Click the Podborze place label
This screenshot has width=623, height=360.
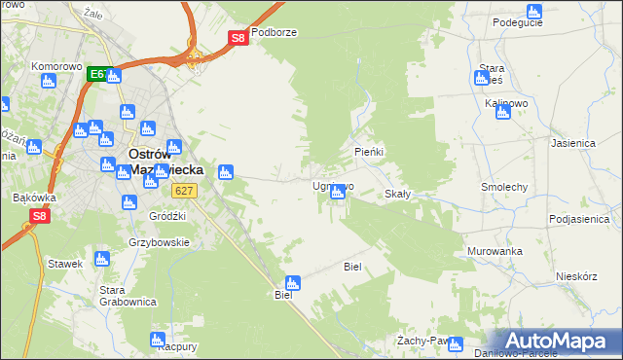click(x=273, y=31)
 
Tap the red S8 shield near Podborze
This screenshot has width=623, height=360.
click(x=238, y=38)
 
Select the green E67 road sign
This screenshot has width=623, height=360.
click(x=97, y=73)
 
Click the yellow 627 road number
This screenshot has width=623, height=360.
click(x=189, y=192)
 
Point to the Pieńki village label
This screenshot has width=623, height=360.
click(x=369, y=153)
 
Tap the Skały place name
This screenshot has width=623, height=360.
click(x=397, y=194)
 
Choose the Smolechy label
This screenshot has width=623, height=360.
click(x=504, y=186)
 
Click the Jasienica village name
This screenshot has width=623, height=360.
click(x=572, y=142)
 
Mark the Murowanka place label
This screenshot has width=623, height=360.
click(x=494, y=251)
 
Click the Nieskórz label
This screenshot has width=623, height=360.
click(x=575, y=275)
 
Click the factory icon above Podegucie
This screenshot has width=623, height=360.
click(x=532, y=11)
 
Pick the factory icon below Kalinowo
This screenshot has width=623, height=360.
click(x=502, y=113)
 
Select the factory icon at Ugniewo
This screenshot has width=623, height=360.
click(x=337, y=194)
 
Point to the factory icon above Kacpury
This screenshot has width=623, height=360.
click(x=158, y=339)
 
